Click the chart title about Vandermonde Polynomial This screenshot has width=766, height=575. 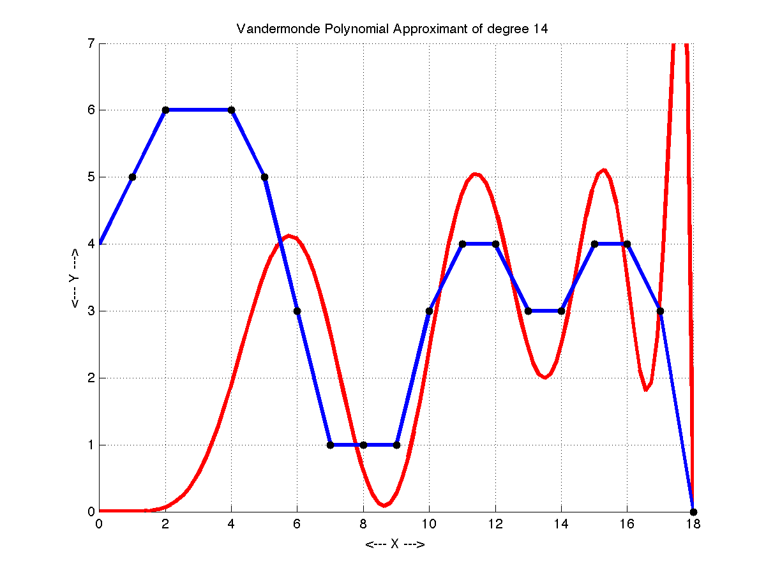tap(393, 29)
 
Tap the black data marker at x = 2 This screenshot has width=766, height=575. tap(165, 110)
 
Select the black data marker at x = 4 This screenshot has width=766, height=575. tap(231, 110)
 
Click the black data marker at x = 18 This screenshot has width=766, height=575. tap(693, 512)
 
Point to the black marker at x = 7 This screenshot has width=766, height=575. tap(330, 445)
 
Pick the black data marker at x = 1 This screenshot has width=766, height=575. tap(132, 177)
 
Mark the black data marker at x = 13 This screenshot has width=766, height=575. tap(528, 311)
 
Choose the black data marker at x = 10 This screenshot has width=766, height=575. tap(429, 311)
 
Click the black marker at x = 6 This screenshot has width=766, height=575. tap(297, 311)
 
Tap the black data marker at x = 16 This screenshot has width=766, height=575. tap(627, 244)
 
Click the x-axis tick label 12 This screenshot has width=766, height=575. tap(495, 525)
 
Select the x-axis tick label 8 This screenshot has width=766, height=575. tap(363, 525)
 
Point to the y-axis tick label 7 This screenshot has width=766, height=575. tap(91, 43)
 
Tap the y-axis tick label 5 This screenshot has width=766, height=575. tap(91, 177)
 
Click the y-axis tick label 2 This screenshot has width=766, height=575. tap(91, 378)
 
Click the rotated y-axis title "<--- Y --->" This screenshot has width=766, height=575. tap(75, 278)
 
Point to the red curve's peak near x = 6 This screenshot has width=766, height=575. tap(289, 235)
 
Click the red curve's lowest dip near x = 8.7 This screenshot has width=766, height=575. tap(383, 505)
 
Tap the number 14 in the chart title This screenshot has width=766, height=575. tap(541, 29)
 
